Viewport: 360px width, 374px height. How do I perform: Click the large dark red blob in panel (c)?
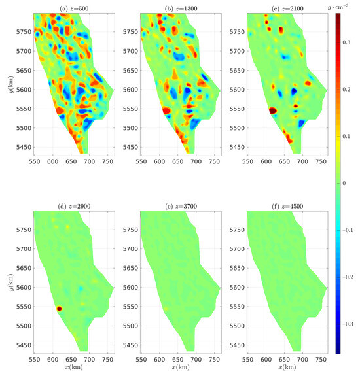click(x=272, y=111)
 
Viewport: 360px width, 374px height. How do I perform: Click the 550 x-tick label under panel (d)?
click(x=34, y=360)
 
